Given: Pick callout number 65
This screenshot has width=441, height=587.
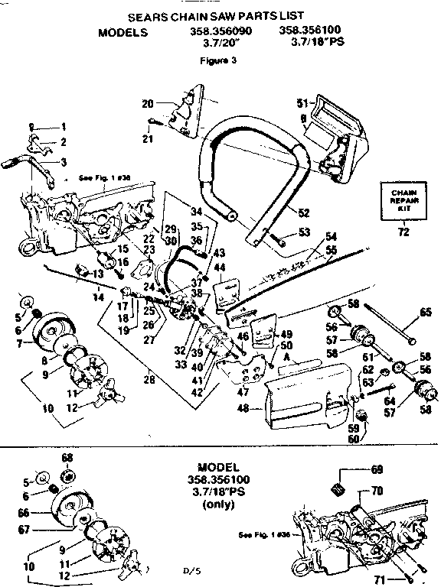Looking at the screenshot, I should coord(426,313).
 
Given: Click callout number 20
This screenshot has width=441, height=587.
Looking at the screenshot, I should coord(148,104).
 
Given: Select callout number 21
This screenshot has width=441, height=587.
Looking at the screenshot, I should coord(148,138).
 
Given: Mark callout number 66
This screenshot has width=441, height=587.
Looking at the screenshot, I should coord(23,514).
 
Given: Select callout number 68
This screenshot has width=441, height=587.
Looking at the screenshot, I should coord(67,458).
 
